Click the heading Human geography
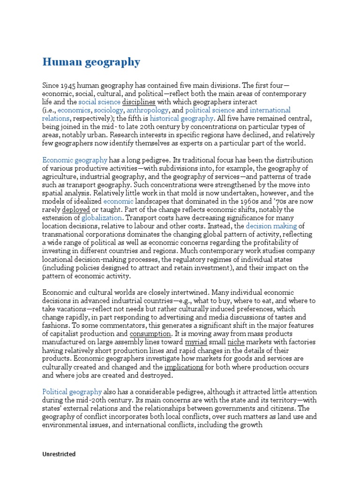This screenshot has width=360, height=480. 91,62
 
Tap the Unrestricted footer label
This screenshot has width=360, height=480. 59,454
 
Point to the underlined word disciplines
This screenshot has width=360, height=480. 139,102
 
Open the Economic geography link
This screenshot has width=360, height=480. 75,160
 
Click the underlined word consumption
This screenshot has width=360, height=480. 150,334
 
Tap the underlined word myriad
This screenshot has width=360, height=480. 196,342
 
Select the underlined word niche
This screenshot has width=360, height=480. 236,342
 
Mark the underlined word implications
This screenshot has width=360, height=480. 184,367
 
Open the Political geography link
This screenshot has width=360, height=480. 72,391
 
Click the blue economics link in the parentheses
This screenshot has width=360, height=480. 74,110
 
